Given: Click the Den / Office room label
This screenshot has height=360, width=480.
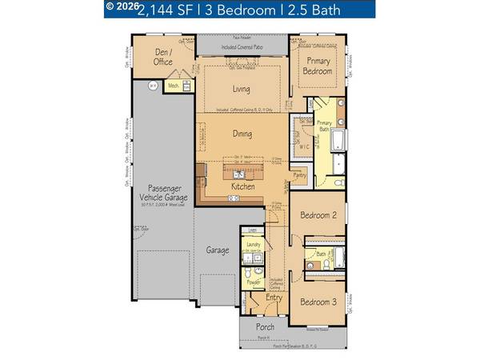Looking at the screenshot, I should point(163,56).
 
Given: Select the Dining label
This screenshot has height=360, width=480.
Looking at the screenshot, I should point(242,134).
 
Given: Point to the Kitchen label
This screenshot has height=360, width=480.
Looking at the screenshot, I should point(243,186).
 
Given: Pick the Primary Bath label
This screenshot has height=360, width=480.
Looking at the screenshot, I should point(324,126).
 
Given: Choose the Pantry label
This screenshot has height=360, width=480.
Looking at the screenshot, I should point(300,174).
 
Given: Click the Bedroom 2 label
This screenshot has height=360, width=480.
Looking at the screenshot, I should point(318,216).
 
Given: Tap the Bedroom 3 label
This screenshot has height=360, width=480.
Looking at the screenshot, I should point(318,302).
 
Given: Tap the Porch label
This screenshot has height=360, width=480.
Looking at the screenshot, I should point(264,326).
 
